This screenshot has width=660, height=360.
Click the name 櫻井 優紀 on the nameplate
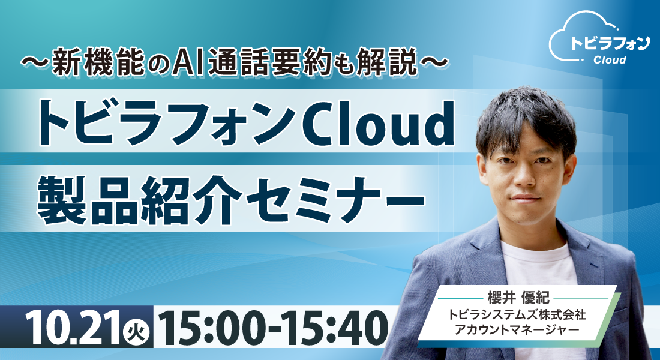(x=518, y=298)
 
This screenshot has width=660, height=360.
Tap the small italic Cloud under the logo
(x=610, y=60)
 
